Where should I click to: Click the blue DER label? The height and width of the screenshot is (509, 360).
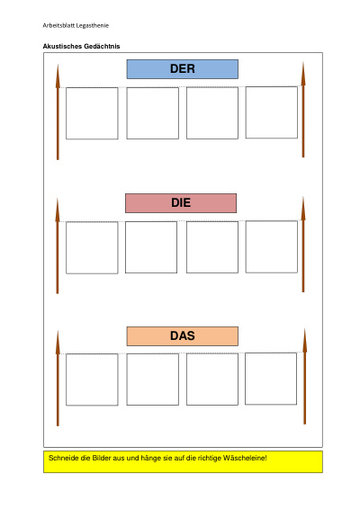(x=183, y=69)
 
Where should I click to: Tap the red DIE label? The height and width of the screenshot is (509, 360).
(x=181, y=203)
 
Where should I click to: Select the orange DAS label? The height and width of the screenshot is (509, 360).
(x=183, y=336)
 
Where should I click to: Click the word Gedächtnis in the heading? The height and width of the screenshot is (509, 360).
(x=102, y=46)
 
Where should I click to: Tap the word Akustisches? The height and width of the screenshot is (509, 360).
(x=63, y=46)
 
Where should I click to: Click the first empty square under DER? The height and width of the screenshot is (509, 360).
(x=92, y=113)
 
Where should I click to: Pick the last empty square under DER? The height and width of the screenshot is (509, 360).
(x=272, y=112)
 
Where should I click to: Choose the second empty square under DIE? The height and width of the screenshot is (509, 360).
(x=151, y=247)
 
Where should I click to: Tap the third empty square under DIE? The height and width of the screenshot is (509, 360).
(x=212, y=247)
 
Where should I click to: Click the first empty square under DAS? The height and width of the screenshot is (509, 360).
(x=92, y=380)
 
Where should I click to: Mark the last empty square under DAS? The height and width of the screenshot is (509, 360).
(x=271, y=379)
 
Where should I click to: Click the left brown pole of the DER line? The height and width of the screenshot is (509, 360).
(x=58, y=112)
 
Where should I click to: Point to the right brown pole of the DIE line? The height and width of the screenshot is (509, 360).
(x=303, y=245)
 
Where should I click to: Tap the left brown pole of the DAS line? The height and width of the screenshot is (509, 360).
(x=58, y=379)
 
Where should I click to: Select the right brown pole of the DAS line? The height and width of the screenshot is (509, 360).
(x=305, y=377)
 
